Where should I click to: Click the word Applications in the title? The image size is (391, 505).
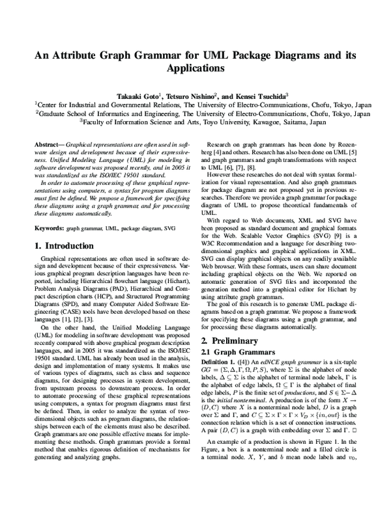point(195,68)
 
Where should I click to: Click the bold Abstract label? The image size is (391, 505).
point(48,143)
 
